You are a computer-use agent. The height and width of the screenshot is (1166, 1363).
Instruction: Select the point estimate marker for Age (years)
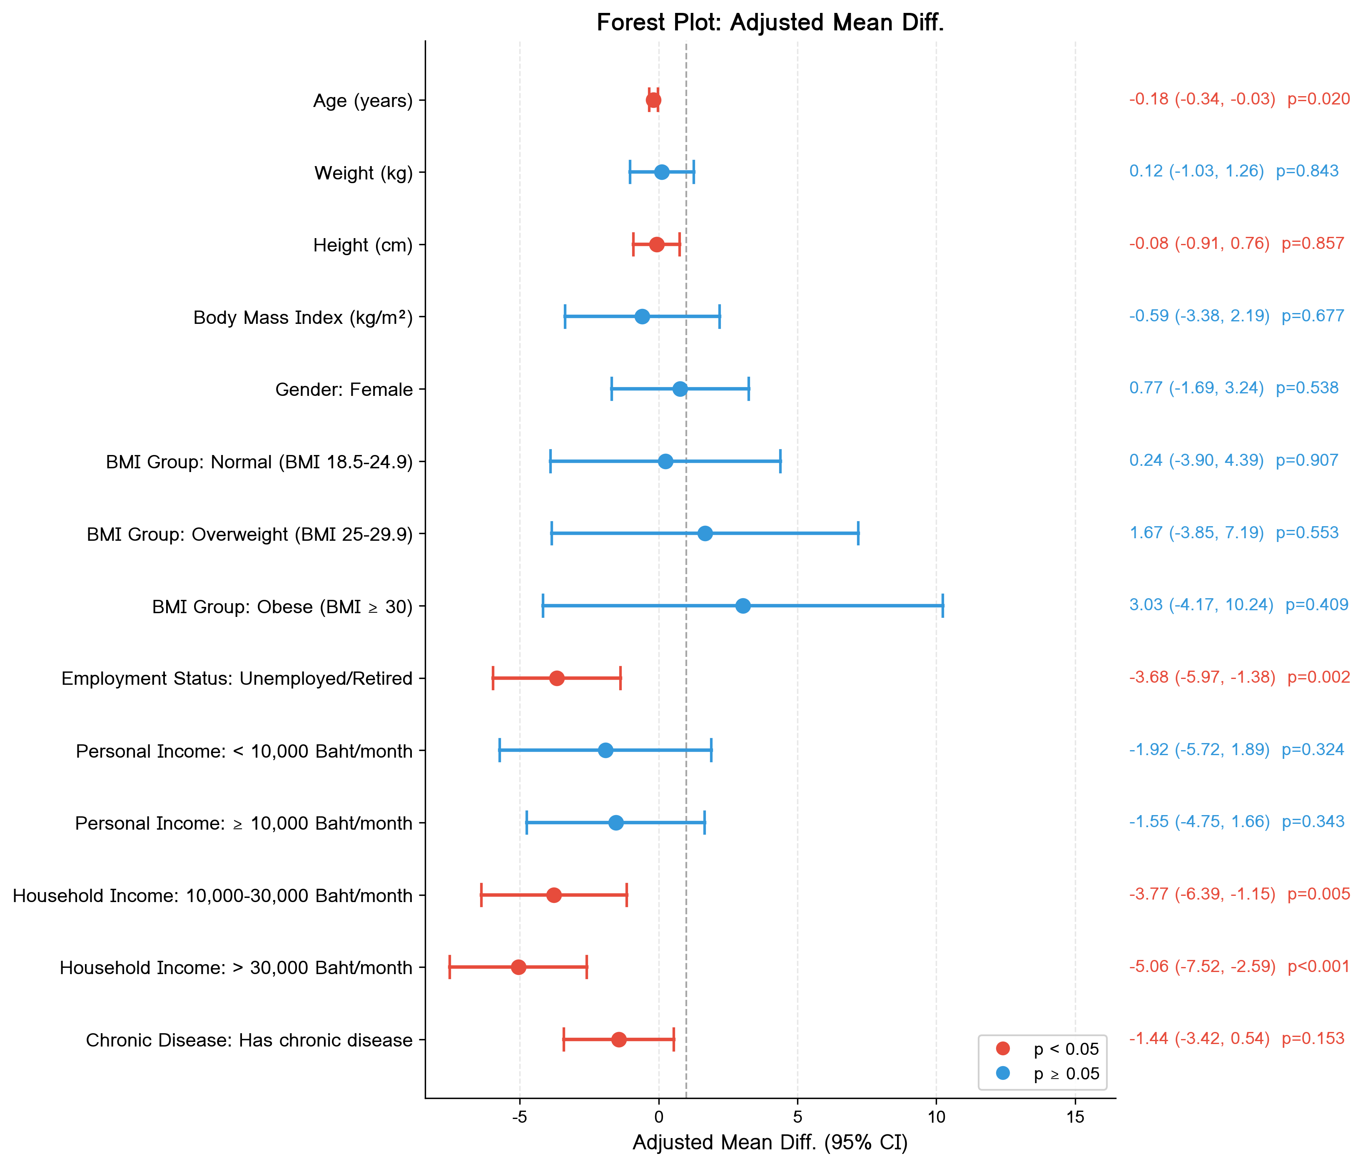pos(653,100)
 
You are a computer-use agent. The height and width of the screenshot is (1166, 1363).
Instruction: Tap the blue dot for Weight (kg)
pos(662,172)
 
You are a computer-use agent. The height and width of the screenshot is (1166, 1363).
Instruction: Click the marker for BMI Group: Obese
pos(743,606)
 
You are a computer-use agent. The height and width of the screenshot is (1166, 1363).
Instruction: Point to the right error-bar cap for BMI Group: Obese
pos(943,606)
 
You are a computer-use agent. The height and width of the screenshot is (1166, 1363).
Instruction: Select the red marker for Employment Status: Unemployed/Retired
pos(556,678)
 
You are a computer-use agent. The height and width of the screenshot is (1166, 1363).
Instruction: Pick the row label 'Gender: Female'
pos(344,390)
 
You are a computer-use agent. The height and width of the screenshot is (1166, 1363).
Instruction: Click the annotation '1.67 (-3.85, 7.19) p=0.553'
pos(1233,533)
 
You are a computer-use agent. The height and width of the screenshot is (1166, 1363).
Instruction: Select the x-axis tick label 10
pos(936,1117)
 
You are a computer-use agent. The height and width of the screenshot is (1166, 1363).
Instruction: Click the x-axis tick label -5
pos(520,1117)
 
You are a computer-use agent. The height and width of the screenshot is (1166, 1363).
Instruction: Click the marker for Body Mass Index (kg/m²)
pos(642,317)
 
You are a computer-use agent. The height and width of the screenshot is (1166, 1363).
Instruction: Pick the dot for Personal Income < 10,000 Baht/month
pos(605,751)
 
